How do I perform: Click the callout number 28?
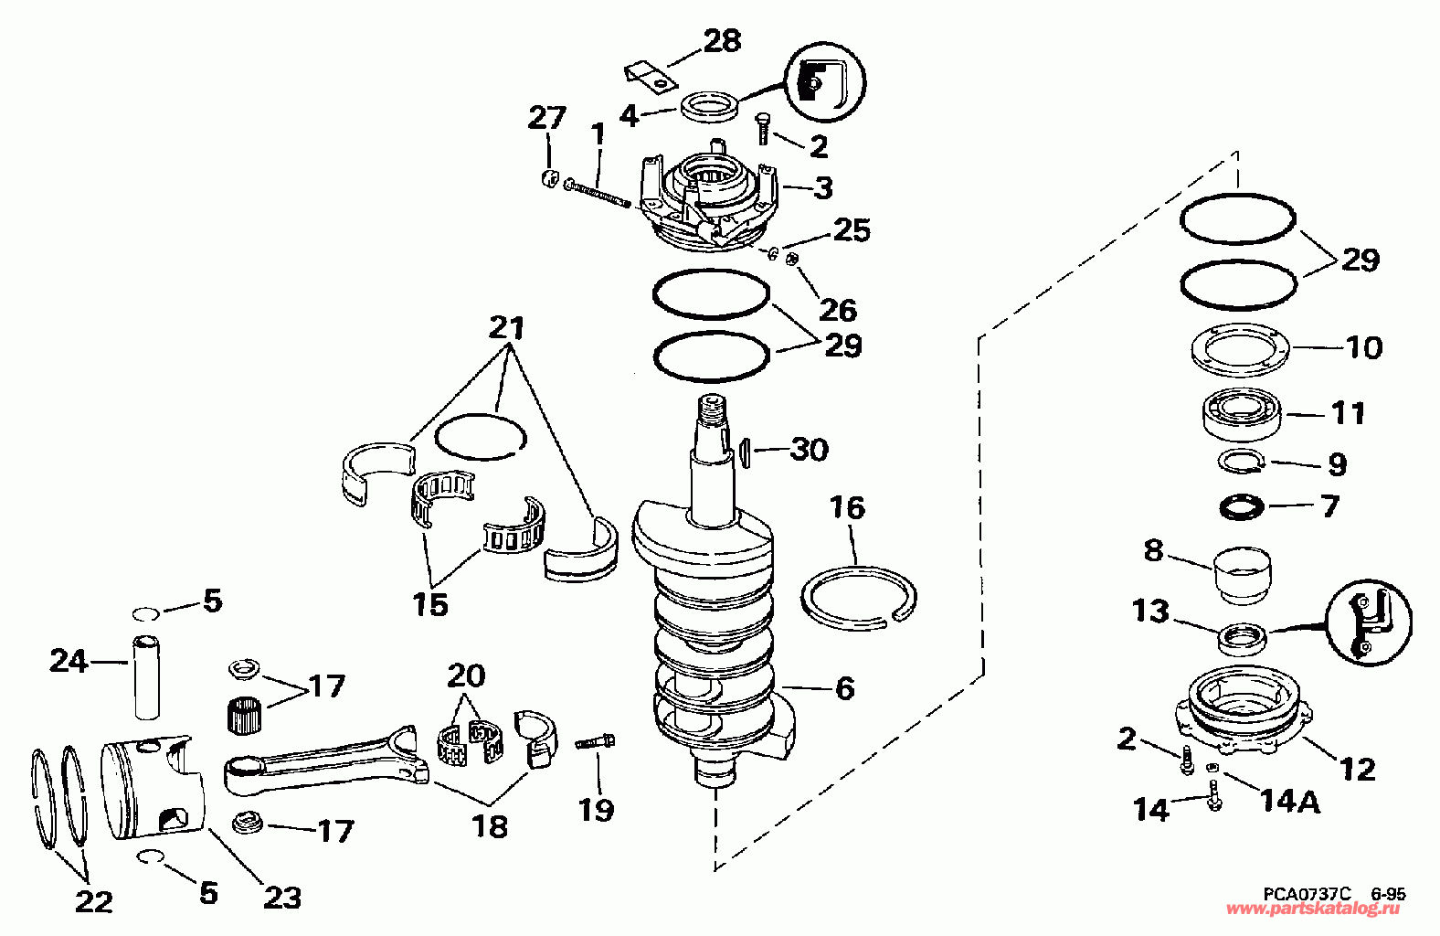(x=722, y=41)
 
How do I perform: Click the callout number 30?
(x=809, y=450)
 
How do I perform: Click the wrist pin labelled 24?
(x=147, y=677)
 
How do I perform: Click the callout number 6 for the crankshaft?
(x=845, y=687)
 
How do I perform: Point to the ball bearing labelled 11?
(x=1244, y=412)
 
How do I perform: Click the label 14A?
(x=1289, y=802)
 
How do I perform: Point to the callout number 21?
(x=507, y=327)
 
